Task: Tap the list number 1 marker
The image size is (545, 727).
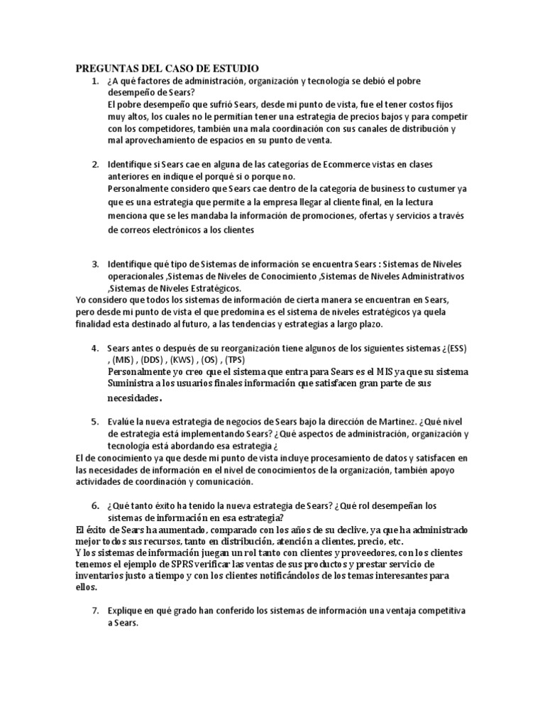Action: [x=94, y=82]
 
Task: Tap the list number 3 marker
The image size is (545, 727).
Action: [x=94, y=264]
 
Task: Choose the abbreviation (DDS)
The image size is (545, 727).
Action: [x=154, y=360]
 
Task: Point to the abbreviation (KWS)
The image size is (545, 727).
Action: [x=186, y=360]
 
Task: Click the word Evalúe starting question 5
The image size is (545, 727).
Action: [x=123, y=422]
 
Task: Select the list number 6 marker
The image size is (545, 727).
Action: [x=94, y=505]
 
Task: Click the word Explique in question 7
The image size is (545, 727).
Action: [x=126, y=611]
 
